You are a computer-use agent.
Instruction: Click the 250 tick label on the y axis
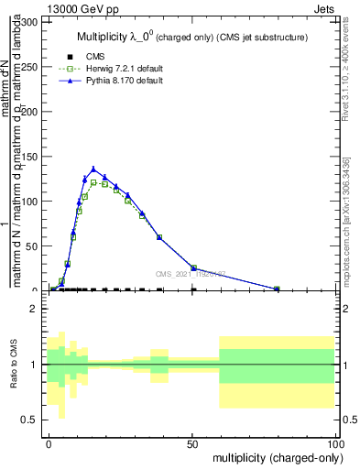31,66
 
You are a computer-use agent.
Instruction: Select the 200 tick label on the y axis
31,111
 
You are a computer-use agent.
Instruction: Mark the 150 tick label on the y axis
31,156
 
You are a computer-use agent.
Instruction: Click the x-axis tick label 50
192,443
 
